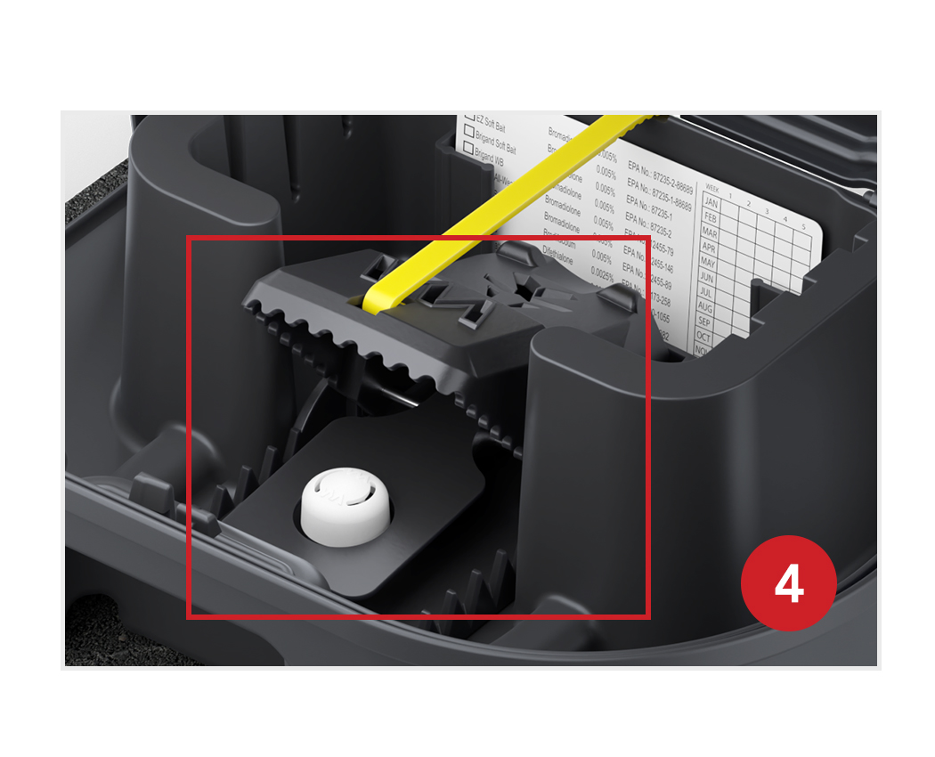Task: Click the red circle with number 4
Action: [x=788, y=583]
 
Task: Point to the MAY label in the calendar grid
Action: [x=708, y=263]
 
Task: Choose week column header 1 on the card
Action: [x=731, y=191]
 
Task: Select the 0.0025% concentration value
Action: [x=603, y=271]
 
